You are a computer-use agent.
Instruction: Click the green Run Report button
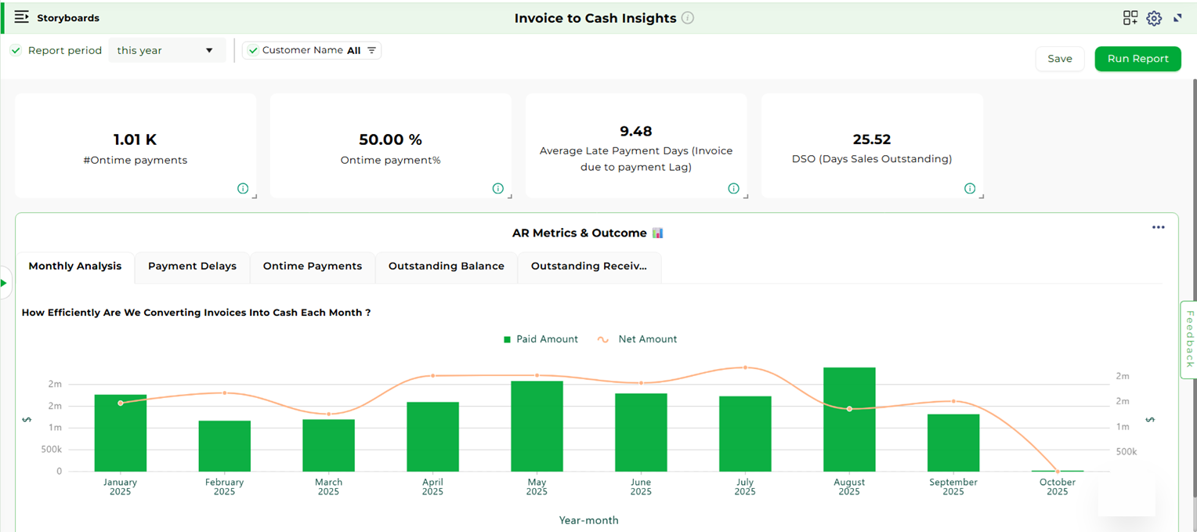pyautogui.click(x=1137, y=59)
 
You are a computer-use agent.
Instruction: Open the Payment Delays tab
pyautogui.click(x=192, y=266)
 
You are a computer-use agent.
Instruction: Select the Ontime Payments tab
pyautogui.click(x=313, y=266)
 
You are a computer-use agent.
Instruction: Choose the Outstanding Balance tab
pyautogui.click(x=446, y=266)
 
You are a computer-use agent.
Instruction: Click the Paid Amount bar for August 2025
pyautogui.click(x=849, y=419)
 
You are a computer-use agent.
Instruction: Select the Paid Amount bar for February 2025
pyautogui.click(x=224, y=446)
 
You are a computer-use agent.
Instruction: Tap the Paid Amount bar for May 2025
pyautogui.click(x=537, y=426)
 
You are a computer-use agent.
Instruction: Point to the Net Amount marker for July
pyautogui.click(x=745, y=367)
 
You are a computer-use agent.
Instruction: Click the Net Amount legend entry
pyautogui.click(x=638, y=339)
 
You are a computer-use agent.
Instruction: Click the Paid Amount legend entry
pyautogui.click(x=541, y=339)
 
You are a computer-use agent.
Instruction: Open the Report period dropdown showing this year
pyautogui.click(x=166, y=50)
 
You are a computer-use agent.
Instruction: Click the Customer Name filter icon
pyautogui.click(x=372, y=50)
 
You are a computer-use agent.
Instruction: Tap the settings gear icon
pyautogui.click(x=1154, y=18)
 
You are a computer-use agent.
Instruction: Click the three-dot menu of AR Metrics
pyautogui.click(x=1158, y=227)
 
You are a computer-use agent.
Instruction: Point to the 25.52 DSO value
pyautogui.click(x=872, y=139)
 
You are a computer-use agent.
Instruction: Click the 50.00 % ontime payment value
pyautogui.click(x=390, y=139)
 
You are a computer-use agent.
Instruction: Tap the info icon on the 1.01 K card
pyautogui.click(x=243, y=189)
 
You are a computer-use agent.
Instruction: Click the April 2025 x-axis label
pyautogui.click(x=432, y=487)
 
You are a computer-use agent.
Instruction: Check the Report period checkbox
pyautogui.click(x=16, y=50)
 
